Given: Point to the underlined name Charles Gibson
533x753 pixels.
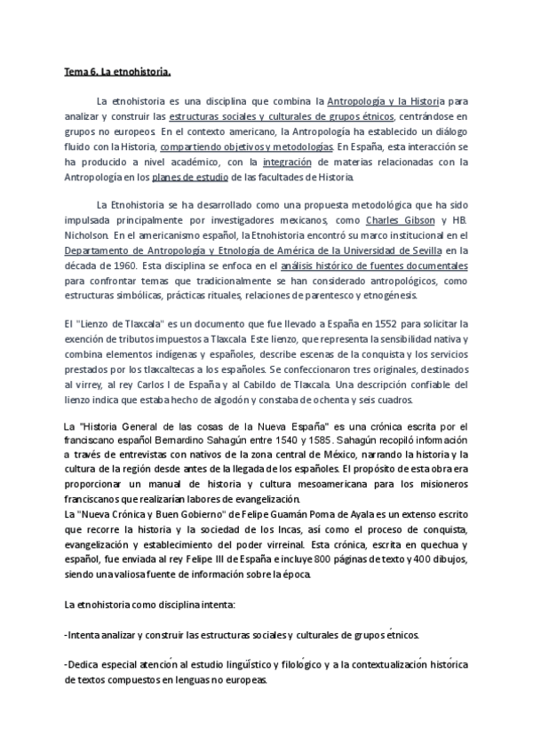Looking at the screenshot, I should (x=402, y=220).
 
